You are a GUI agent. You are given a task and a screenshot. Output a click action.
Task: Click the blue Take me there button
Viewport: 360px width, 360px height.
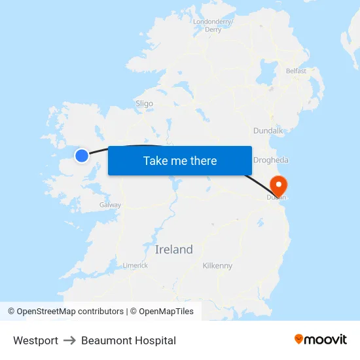tap(180, 160)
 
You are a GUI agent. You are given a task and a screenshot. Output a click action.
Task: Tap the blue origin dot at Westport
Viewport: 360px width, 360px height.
tap(82, 155)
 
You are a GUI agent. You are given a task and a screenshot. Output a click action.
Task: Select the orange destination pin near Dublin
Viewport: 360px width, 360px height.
tap(279, 185)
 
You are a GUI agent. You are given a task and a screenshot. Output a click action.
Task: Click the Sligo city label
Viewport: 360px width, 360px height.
tap(144, 103)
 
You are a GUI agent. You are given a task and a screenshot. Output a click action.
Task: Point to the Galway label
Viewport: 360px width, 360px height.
tap(110, 205)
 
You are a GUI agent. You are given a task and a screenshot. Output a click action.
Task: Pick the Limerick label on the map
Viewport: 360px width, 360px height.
tap(135, 265)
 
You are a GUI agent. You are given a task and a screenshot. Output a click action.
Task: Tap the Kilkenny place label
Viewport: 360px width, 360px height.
tap(217, 266)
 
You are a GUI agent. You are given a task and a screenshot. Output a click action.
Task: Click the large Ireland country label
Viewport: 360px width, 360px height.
tap(174, 249)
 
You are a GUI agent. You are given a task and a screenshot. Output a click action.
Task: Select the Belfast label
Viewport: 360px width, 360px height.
tap(296, 71)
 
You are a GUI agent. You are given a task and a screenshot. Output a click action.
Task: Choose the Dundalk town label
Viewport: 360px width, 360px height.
tap(268, 131)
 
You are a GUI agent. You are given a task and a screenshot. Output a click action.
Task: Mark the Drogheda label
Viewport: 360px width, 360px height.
tap(271, 160)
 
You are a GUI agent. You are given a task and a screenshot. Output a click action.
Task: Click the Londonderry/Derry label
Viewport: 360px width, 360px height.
tap(213, 26)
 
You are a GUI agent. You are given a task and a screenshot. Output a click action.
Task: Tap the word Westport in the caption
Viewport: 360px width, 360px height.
tap(35, 340)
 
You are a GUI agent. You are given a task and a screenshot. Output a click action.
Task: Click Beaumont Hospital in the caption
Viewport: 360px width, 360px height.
tap(128, 340)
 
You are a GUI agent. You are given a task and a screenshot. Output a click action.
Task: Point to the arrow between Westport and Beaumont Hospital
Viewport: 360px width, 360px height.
tap(69, 340)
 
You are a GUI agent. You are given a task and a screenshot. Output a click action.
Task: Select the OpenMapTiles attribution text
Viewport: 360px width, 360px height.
tap(166, 312)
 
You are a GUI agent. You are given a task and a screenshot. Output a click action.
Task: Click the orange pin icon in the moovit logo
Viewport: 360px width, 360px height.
tap(298, 339)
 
